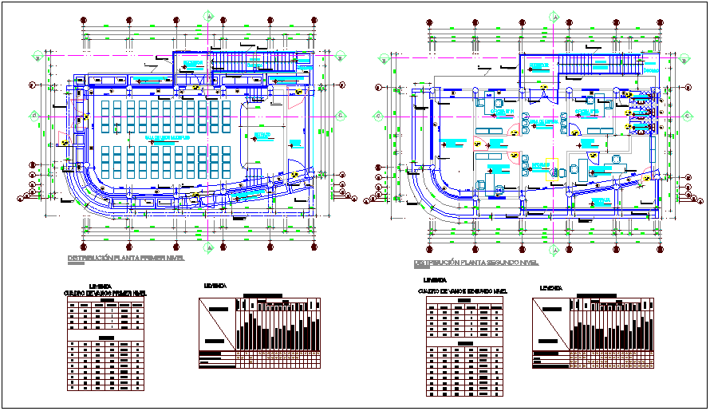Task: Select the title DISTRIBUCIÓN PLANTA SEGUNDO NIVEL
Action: (476, 263)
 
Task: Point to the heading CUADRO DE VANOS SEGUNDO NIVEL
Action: (463, 291)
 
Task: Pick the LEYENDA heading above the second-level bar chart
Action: (550, 288)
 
